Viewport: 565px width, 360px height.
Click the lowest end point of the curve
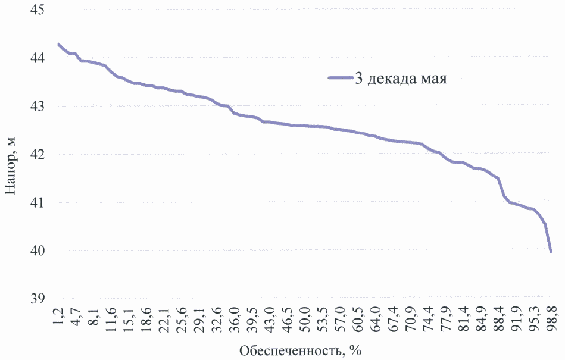[x=551, y=252]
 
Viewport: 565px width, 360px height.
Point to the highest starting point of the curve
[x=58, y=43]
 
